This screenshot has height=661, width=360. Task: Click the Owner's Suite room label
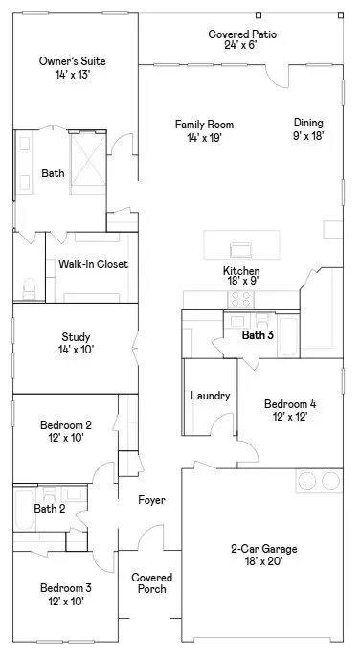72,68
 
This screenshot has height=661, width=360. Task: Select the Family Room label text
204,130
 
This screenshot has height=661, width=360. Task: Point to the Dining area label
308,128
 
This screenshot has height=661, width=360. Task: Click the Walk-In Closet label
93,264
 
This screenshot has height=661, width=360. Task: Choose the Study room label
76,343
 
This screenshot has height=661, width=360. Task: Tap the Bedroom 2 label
66,431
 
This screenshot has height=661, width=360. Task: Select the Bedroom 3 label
66,594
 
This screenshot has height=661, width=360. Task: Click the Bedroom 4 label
290,410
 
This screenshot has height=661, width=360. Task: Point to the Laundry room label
210,396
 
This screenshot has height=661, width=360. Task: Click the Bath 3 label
258,335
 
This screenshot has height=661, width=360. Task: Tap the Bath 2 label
50,509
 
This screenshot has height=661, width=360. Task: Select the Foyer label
151,500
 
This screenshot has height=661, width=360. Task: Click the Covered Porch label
151,583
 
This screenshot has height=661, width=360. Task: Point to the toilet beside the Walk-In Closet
27,285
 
